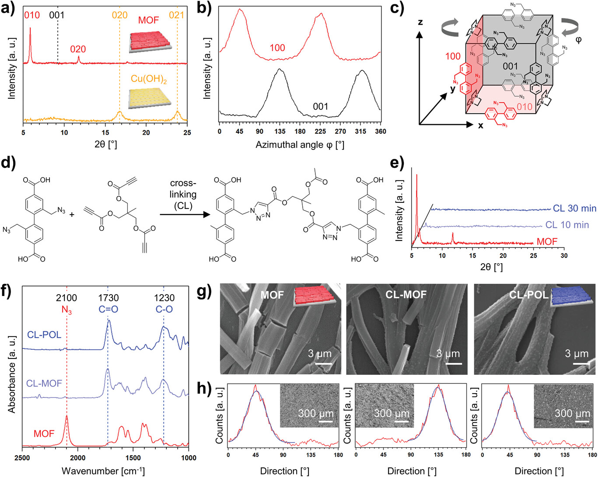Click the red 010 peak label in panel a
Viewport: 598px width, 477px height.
[x=31, y=15]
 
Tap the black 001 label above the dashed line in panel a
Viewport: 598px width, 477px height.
[x=57, y=15]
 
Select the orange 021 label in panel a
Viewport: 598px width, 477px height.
[x=177, y=15]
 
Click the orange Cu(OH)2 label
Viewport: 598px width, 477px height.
[x=149, y=79]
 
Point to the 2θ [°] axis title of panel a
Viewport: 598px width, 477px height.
[x=105, y=144]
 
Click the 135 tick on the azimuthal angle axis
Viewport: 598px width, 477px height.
[x=280, y=132]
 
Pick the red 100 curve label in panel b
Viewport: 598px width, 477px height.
[x=277, y=48]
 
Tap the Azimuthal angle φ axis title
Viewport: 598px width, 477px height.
[x=300, y=145]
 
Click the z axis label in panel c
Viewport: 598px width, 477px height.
[x=420, y=22]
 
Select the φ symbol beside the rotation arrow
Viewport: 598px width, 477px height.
[x=578, y=39]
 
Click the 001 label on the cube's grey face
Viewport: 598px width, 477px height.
[x=510, y=66]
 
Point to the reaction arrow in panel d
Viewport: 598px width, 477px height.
[x=183, y=214]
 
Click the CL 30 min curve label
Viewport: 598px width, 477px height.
[x=574, y=209]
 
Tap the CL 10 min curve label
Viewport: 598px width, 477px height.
[x=567, y=225]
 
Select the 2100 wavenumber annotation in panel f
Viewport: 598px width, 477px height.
[x=66, y=298]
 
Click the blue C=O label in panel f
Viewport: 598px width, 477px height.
[x=108, y=309]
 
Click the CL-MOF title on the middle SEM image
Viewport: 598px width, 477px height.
[x=406, y=295]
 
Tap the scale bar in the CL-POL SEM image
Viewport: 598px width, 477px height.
[x=580, y=363]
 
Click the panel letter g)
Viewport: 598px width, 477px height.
[x=204, y=291]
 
